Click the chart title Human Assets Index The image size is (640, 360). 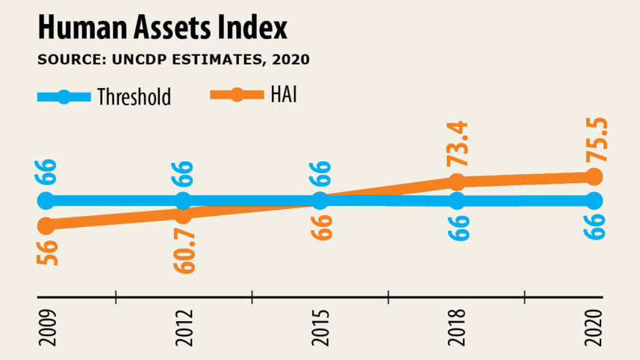pyautogui.click(x=162, y=28)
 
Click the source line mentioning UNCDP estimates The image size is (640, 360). pyautogui.click(x=173, y=59)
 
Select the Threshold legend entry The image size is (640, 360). pyautogui.click(x=105, y=96)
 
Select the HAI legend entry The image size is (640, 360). pyautogui.click(x=253, y=95)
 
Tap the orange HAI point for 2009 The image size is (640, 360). pyautogui.click(x=46, y=225)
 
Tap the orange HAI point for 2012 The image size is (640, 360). pyautogui.click(x=183, y=214)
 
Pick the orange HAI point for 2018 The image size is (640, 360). pyautogui.click(x=457, y=182)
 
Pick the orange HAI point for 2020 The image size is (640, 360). pyautogui.click(x=594, y=176)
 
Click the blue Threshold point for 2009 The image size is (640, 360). pyautogui.click(x=46, y=200)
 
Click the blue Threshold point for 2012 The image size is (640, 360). pyautogui.click(x=183, y=200)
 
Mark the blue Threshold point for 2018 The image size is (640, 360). pyautogui.click(x=457, y=200)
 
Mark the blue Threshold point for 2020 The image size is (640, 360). pyautogui.click(x=594, y=200)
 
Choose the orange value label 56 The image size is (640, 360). pyautogui.click(x=46, y=252)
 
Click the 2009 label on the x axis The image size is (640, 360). pyautogui.click(x=46, y=329)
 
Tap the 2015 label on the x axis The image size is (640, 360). pyautogui.click(x=320, y=329)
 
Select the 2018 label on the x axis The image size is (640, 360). pyautogui.click(x=457, y=329)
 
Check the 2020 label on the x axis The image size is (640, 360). pyautogui.click(x=594, y=329)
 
